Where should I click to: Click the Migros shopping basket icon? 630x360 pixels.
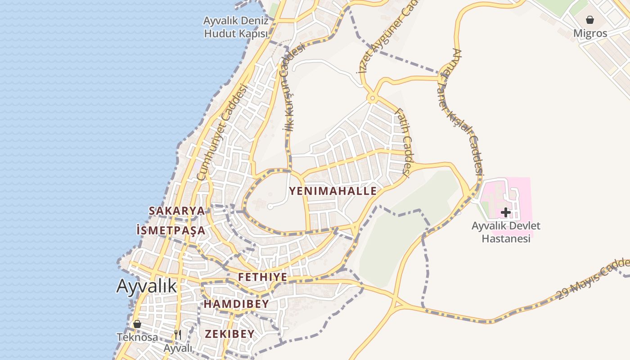click(590, 20)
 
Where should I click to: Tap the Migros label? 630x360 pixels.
click(590, 33)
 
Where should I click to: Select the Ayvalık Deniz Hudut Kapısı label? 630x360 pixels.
click(236, 27)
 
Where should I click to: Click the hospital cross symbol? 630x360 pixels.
click(506, 212)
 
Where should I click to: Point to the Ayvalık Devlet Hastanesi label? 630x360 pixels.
click(506, 232)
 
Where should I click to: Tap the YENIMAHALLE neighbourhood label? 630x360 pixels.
click(333, 191)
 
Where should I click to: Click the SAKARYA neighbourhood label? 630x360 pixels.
click(176, 211)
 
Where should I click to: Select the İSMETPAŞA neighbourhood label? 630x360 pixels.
click(171, 230)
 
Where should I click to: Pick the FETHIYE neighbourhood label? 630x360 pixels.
click(262, 277)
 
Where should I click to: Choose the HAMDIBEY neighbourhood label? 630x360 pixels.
click(236, 304)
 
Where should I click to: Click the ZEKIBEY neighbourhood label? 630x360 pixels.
click(229, 334)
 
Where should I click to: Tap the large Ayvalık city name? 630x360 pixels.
click(147, 286)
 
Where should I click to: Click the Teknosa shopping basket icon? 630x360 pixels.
click(137, 324)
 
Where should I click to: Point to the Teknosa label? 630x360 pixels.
click(137, 337)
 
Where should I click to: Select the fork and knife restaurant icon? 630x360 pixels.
click(178, 334)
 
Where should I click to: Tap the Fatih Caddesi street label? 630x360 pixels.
click(403, 141)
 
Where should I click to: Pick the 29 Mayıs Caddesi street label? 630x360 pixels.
click(593, 279)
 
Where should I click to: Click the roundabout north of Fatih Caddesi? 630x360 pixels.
click(372, 98)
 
